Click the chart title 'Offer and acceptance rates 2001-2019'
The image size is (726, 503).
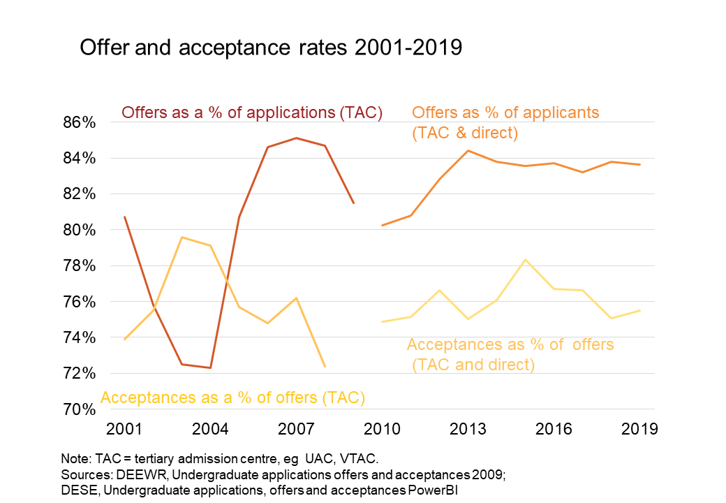click(x=271, y=48)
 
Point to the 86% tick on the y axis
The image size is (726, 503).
click(x=80, y=122)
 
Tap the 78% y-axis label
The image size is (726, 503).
click(x=80, y=266)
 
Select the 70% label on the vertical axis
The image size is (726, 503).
click(x=80, y=409)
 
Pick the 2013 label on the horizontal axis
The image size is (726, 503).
click(x=468, y=428)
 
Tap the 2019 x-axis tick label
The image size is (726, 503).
click(x=639, y=428)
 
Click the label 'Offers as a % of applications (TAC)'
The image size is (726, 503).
click(x=252, y=112)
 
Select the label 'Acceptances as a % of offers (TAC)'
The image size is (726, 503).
click(x=233, y=398)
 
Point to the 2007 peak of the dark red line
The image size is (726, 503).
click(x=297, y=138)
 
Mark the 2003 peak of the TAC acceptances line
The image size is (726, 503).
click(x=181, y=238)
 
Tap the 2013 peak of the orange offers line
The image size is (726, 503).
click(x=468, y=151)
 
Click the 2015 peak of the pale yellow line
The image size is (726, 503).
click(x=525, y=260)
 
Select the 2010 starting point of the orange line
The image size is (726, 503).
click(x=383, y=225)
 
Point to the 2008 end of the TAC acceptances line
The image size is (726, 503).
click(x=325, y=366)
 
